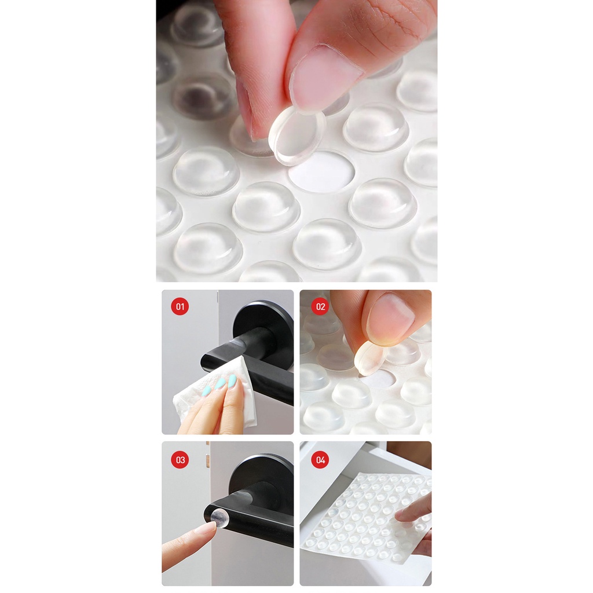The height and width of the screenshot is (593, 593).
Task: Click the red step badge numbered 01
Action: coord(180,306)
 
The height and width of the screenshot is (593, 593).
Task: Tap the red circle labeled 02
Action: coord(320,306)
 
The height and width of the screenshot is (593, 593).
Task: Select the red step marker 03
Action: coord(180,459)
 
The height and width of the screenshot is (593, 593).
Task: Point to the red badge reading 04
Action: coord(320,459)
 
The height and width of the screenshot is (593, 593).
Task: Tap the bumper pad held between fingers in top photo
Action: coord(297,136)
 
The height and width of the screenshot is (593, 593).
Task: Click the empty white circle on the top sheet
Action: coord(321,171)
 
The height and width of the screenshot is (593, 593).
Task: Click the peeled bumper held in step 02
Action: coord(370,357)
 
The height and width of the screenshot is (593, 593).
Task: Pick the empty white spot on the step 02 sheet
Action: coord(379,378)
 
